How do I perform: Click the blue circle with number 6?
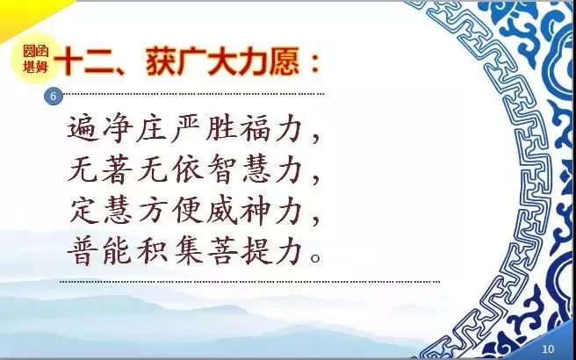(54, 97)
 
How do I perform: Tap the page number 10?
(548, 349)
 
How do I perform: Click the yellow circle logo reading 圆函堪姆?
(36, 59)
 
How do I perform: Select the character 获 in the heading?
(162, 62)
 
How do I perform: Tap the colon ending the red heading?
(314, 64)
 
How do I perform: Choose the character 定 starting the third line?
(83, 211)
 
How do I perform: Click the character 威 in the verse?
(221, 211)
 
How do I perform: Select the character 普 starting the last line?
(83, 251)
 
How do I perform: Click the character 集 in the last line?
(187, 252)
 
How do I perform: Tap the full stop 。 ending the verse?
(316, 257)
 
